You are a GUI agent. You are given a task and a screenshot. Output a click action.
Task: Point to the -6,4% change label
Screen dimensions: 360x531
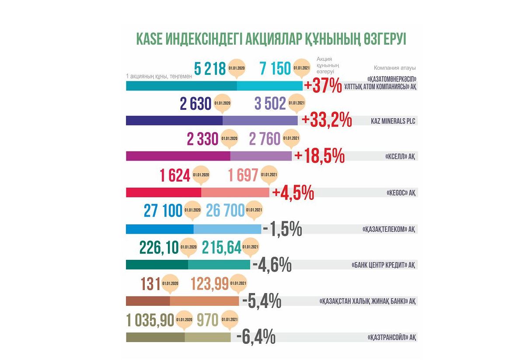point(255,337)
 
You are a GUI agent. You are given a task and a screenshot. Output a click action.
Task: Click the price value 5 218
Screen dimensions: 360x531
point(210,68)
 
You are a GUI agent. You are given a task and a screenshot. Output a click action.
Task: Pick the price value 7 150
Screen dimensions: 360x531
point(275,68)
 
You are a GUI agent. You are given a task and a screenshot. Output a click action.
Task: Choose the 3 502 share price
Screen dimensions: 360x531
point(270,104)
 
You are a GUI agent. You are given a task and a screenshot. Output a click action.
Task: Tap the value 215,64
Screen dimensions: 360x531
point(222,248)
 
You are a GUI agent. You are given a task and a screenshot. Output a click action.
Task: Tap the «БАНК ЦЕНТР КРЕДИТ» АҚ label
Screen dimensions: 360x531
point(384,265)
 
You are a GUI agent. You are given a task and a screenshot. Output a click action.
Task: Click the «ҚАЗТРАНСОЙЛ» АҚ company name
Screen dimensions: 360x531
point(391,337)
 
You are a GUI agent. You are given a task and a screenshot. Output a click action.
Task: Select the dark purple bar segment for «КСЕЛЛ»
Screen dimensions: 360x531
point(178,156)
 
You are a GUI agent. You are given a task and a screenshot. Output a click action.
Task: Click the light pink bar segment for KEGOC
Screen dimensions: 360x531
point(235,192)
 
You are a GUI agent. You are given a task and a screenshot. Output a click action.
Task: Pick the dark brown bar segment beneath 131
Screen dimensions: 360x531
point(147,301)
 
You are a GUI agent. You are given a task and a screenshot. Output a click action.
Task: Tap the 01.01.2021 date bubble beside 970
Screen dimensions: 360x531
point(230,320)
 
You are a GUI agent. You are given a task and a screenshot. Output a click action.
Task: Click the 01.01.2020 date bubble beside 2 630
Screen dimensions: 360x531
point(222,105)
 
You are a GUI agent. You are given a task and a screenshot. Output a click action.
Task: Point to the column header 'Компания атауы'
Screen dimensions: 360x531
point(395,68)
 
